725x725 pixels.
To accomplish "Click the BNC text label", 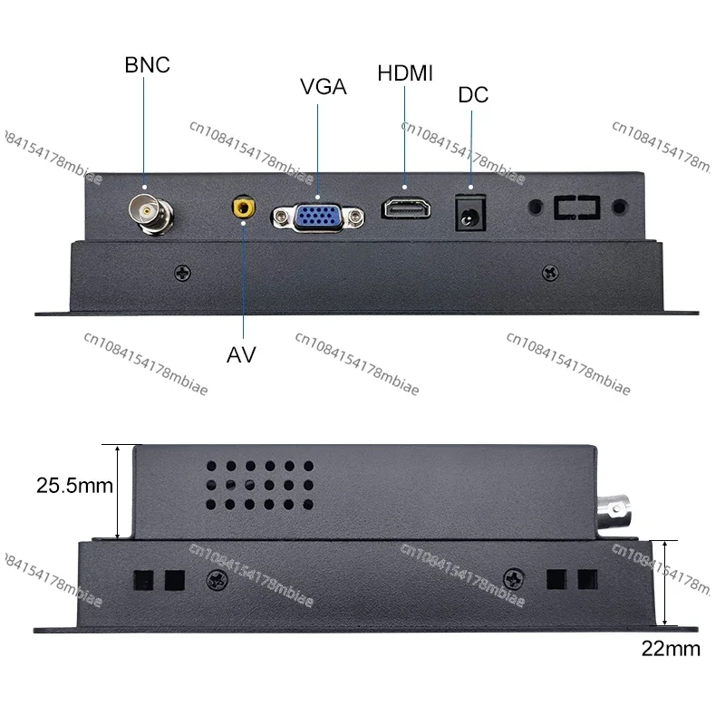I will coord(147,65).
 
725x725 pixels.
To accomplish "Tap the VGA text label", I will coord(324,87).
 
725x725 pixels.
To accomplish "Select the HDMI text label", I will coord(404,73).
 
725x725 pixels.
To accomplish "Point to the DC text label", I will coord(473,94).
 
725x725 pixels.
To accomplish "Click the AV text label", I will coord(241,354).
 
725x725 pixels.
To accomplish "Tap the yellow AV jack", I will coord(242,208).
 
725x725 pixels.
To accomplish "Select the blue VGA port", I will coord(317,215).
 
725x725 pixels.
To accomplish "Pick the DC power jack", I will coord(470,214).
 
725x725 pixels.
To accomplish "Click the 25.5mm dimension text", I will coord(74,486).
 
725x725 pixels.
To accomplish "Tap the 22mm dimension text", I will coord(671,648).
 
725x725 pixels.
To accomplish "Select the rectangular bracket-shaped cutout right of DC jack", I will coord(577,208).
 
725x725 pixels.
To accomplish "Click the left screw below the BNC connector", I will coord(183,271).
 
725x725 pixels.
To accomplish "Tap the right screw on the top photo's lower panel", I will coord(549,272).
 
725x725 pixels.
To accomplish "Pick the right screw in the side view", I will coord(513,576).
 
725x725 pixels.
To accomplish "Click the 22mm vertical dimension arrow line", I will coord(666,583).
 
